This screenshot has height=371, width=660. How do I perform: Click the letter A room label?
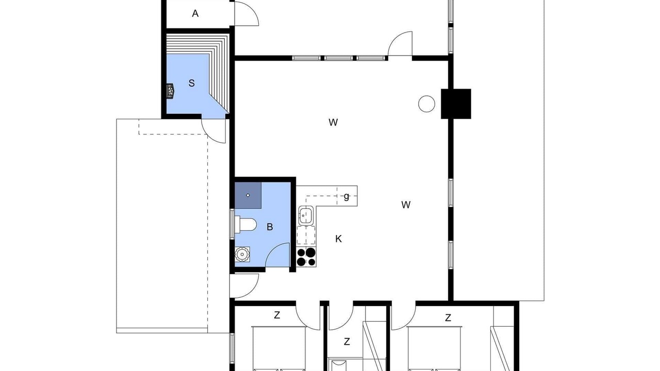pyautogui.click(x=195, y=13)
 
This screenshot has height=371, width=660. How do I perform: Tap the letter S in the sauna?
pyautogui.click(x=191, y=83)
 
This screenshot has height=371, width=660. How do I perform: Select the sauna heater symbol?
pyautogui.click(x=170, y=90)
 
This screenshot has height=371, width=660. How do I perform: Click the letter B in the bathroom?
pyautogui.click(x=270, y=227)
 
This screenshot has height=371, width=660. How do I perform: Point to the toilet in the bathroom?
pyautogui.click(x=245, y=225)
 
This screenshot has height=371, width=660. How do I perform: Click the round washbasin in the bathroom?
pyautogui.click(x=242, y=254)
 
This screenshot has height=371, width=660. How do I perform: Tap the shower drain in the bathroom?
pyautogui.click(x=248, y=195)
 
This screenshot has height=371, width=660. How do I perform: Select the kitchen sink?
pyautogui.click(x=306, y=215)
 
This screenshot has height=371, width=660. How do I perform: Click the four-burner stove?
pyautogui.click(x=306, y=257)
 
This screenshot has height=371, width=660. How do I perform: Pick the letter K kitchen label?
pyautogui.click(x=339, y=239)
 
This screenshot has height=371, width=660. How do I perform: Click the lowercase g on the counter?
pyautogui.click(x=346, y=196)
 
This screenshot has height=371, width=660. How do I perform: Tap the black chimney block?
pyautogui.click(x=456, y=104)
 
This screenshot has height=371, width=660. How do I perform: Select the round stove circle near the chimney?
pyautogui.click(x=426, y=104)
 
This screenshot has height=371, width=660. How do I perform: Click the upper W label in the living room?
pyautogui.click(x=333, y=122)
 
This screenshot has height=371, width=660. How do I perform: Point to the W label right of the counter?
pyautogui.click(x=406, y=205)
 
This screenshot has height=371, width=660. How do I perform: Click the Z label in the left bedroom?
pyautogui.click(x=277, y=315)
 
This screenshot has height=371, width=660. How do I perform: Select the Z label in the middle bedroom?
pyautogui.click(x=347, y=342)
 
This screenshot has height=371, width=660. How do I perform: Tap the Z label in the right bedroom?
pyautogui.click(x=448, y=318)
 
